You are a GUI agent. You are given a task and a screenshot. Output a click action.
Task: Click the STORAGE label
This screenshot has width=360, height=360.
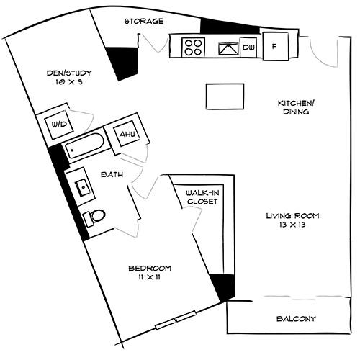143,22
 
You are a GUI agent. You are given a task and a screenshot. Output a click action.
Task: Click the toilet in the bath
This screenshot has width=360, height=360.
94,216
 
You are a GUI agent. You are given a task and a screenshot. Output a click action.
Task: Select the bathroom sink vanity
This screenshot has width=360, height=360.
83,188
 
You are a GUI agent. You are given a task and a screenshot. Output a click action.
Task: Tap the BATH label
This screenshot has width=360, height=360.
112,174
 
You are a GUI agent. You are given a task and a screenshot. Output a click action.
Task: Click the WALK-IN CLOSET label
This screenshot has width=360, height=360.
202,197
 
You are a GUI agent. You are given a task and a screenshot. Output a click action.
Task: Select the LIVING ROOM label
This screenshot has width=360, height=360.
292,215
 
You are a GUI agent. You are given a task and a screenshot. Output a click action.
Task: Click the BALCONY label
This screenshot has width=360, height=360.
296,318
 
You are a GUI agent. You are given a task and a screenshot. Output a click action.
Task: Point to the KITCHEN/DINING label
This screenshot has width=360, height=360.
294,107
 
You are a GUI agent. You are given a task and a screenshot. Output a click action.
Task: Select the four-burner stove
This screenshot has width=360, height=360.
192,48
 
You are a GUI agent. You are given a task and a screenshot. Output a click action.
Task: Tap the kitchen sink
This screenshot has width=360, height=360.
229,48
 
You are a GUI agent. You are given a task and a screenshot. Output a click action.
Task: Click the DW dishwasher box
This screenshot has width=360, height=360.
249,47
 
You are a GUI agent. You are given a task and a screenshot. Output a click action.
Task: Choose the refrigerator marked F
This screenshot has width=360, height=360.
274,47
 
